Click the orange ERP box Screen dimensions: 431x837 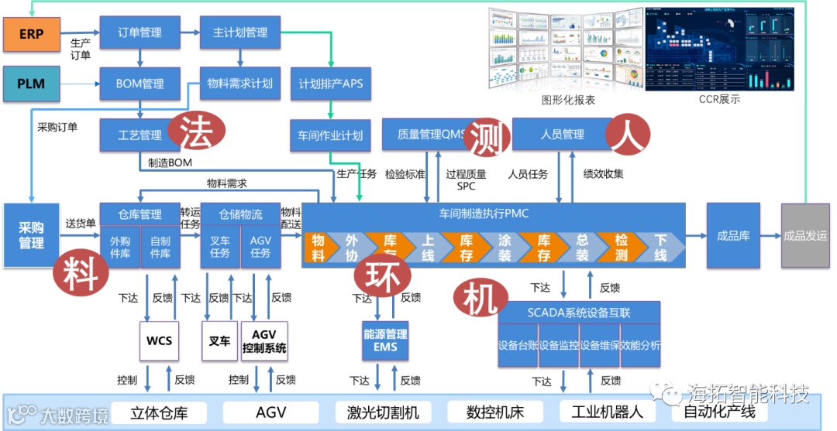click(31, 35)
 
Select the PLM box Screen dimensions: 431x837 click(31, 84)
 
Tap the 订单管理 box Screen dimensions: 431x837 click(139, 32)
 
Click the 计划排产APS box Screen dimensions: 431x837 click(331, 83)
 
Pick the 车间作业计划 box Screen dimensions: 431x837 click(331, 135)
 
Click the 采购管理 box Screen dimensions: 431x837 click(32, 236)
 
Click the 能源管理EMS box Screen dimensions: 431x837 click(385, 340)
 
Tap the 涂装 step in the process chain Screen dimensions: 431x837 click(505, 248)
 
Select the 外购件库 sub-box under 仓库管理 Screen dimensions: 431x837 click(120, 248)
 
